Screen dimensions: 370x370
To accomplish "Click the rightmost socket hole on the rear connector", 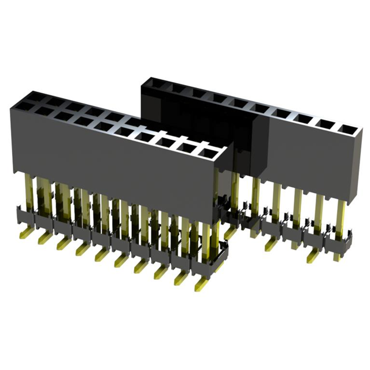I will pos(346,128).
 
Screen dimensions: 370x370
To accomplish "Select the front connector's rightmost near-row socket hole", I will pos(207,152).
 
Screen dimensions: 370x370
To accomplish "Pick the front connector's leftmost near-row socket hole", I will pos(25,108).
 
